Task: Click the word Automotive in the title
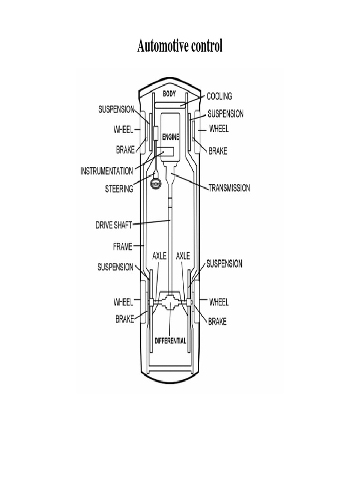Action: click(x=162, y=46)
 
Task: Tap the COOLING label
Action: click(x=219, y=96)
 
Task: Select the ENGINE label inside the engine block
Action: click(x=171, y=137)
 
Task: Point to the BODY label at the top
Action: click(x=169, y=94)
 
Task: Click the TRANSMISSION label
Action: click(x=229, y=187)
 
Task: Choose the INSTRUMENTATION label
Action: click(x=106, y=171)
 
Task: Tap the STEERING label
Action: click(x=119, y=188)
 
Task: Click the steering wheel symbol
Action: click(x=156, y=184)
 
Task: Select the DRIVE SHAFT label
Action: click(x=113, y=225)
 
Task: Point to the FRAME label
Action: click(x=123, y=247)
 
